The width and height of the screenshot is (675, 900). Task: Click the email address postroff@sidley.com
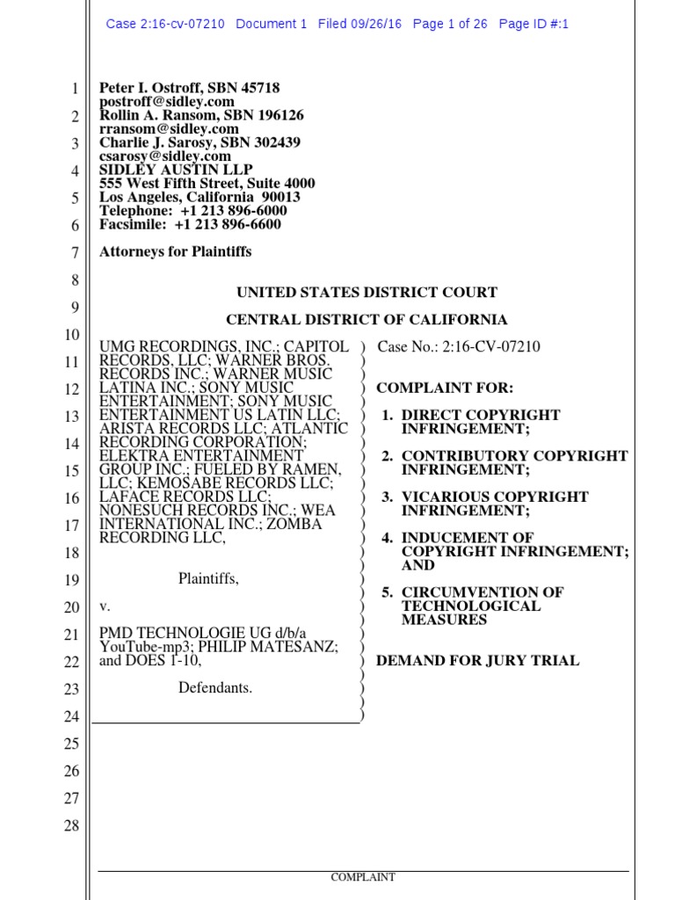coord(166,102)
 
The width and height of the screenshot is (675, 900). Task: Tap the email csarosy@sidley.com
coord(165,156)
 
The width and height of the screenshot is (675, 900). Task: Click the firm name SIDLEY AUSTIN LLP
coord(176,170)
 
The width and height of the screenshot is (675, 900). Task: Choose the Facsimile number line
coord(191,224)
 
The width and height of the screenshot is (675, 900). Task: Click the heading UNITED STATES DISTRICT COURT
coord(367,293)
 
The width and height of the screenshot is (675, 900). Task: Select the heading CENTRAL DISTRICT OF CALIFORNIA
coord(367,320)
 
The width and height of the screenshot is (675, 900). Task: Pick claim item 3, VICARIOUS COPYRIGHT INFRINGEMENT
coord(495,504)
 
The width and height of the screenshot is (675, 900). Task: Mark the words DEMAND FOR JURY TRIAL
coord(477,660)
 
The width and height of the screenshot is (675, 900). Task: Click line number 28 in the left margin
coord(72,825)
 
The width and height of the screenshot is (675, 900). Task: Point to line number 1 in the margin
coord(76,89)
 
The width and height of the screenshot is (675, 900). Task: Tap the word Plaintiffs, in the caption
coord(208,578)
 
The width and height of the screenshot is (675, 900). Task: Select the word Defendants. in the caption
coord(215,687)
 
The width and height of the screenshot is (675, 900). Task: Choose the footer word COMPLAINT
coord(363,877)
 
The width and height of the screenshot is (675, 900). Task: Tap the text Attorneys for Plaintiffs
coord(176,251)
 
